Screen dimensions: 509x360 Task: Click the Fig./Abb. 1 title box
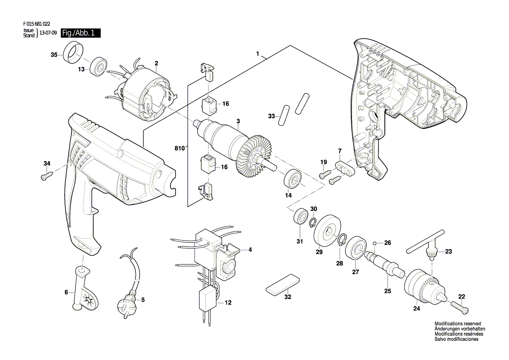pos(81,33)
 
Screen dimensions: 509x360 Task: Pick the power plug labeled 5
pos(129,280)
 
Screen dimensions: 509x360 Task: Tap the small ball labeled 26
pos(374,243)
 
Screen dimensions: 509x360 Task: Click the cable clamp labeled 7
pos(344,167)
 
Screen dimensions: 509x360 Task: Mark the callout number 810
pos(179,149)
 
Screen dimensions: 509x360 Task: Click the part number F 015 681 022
pos(37,24)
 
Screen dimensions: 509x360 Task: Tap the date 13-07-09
pos(48,33)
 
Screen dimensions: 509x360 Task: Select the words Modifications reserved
pos(458,324)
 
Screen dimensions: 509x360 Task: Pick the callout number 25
pos(388,291)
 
